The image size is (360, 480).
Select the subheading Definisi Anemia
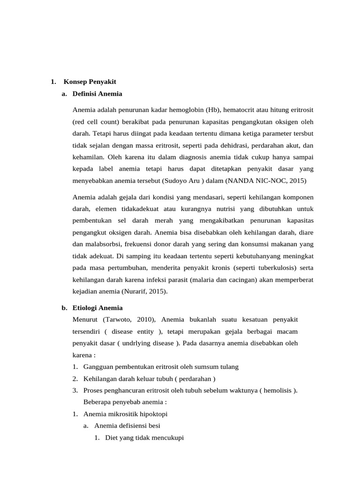97,94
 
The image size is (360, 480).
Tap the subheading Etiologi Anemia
97,308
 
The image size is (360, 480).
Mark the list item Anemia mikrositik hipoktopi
125,414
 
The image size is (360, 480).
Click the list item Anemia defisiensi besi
127,426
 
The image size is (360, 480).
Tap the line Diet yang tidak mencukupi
144,438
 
